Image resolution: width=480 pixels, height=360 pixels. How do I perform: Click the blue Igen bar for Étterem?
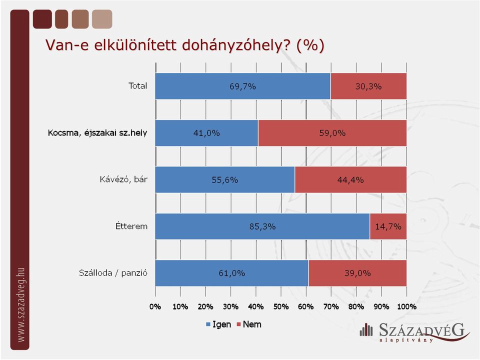pyautogui.click(x=262, y=226)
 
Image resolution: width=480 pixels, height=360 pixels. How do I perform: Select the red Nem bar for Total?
pyautogui.click(x=368, y=86)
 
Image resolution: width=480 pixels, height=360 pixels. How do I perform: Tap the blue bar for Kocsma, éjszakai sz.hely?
pyautogui.click(x=206, y=133)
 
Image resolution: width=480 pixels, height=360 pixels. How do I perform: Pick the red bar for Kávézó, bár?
pyautogui.click(x=351, y=179)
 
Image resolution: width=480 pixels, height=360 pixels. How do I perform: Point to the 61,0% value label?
pyautogui.click(x=231, y=273)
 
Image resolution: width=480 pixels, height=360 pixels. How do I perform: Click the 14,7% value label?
pyautogui.click(x=388, y=226)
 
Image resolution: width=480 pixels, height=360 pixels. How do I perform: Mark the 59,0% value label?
pyautogui.click(x=332, y=133)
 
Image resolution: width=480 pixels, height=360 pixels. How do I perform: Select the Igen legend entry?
pyautogui.click(x=218, y=324)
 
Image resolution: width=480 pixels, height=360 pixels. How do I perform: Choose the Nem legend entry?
pyautogui.click(x=249, y=324)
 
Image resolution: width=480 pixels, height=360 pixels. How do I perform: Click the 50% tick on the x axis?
pyautogui.click(x=281, y=306)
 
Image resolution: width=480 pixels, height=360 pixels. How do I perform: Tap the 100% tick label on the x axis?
pyautogui.click(x=407, y=306)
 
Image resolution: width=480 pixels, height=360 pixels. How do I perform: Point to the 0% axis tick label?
pyautogui.click(x=155, y=306)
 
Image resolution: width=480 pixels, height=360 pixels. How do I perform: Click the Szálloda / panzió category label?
pyautogui.click(x=113, y=273)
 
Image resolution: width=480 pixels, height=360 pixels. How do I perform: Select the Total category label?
pyautogui.click(x=138, y=85)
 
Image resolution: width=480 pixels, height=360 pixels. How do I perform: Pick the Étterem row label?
pyautogui.click(x=131, y=226)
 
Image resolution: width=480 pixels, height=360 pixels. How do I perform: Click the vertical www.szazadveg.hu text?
pyautogui.click(x=20, y=305)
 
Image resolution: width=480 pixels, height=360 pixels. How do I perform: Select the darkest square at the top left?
pyautogui.click(x=42, y=19)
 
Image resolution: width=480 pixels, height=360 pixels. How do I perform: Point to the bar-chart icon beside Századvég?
pyautogui.click(x=366, y=329)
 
